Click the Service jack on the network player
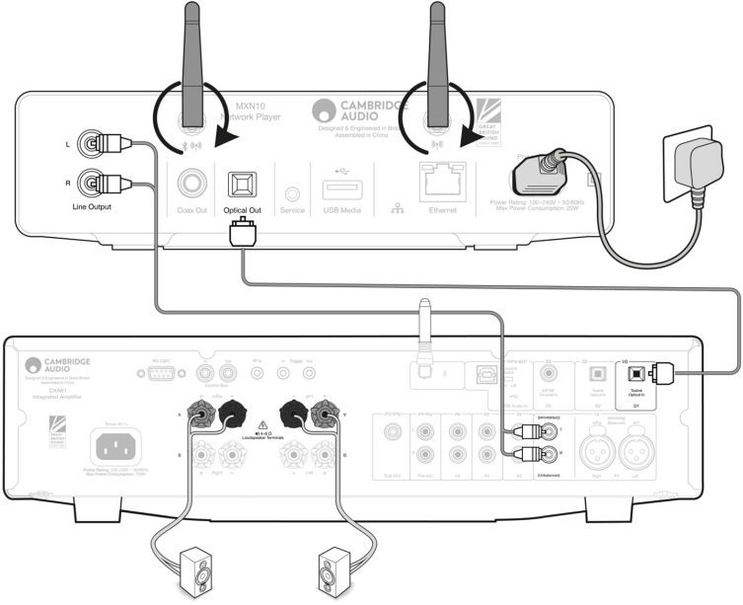click(291, 185)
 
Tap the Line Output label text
click(94, 208)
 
